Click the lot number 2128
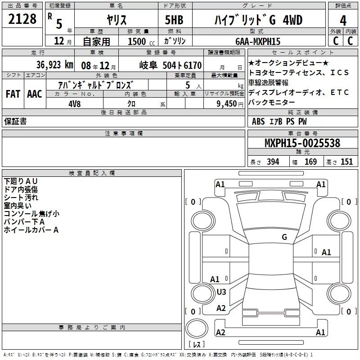tap(22, 19)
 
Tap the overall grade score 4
tap(343, 20)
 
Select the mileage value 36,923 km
tap(55, 65)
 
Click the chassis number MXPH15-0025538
tap(302, 143)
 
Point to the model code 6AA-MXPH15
tap(258, 41)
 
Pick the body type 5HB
tap(174, 20)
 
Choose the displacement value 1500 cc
tap(141, 41)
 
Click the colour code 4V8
tap(75, 104)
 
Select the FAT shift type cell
tap(13, 94)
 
